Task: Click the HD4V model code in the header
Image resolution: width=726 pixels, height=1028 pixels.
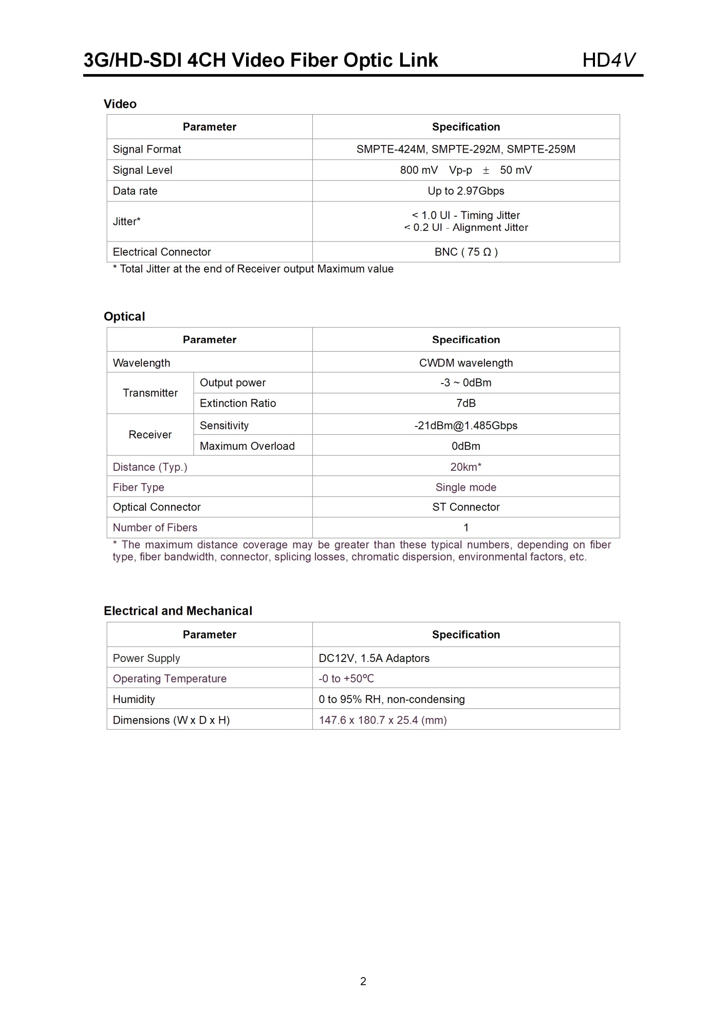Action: click(609, 60)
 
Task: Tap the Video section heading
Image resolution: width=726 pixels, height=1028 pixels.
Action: click(120, 104)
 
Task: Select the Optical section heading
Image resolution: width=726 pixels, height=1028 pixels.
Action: click(124, 317)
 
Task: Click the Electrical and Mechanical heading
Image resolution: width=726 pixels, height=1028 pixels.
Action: click(178, 611)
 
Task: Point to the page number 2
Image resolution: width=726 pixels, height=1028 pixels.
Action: click(363, 981)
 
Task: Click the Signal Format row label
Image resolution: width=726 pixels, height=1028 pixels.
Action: click(147, 150)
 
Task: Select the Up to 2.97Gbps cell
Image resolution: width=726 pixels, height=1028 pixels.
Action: click(466, 191)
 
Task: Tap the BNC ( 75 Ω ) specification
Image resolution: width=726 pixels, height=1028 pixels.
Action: click(466, 252)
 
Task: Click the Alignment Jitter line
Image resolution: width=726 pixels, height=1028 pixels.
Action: click(466, 228)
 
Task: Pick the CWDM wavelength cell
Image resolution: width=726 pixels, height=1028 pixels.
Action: click(466, 363)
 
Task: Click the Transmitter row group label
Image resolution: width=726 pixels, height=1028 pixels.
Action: click(150, 393)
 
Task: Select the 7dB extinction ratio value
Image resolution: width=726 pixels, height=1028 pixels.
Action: click(466, 403)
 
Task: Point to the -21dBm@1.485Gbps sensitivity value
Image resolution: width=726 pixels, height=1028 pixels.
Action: click(466, 426)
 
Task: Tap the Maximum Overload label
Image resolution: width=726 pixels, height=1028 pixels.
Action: click(247, 446)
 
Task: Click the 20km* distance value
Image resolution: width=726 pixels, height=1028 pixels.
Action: click(466, 467)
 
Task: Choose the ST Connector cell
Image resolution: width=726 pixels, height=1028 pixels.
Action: click(466, 507)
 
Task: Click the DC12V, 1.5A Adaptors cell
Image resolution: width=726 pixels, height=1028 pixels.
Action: click(374, 658)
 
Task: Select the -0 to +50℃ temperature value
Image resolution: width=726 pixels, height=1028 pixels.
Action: click(346, 679)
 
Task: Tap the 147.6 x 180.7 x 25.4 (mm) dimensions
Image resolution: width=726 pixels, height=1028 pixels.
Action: click(383, 720)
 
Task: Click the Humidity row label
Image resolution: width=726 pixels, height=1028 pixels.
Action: click(134, 700)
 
